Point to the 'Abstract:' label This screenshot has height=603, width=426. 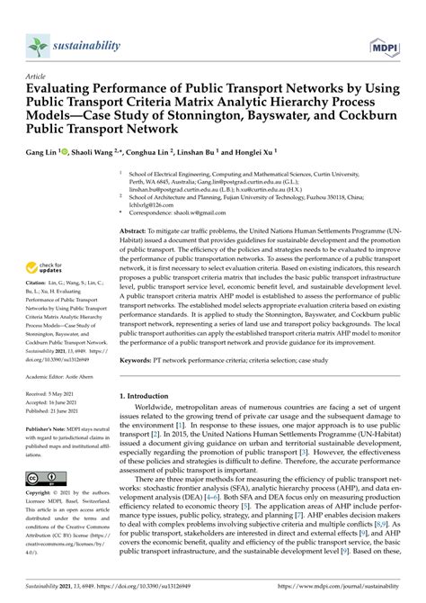tap(135, 231)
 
